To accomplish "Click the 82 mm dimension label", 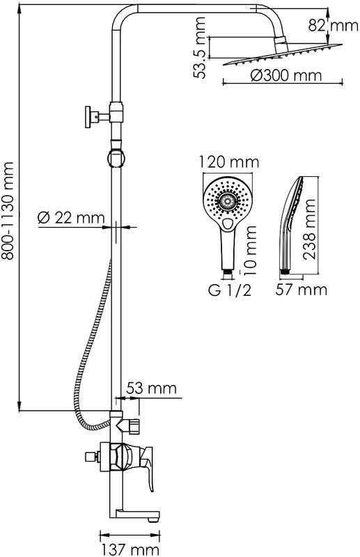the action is [333, 25].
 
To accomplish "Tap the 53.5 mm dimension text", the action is [199, 47].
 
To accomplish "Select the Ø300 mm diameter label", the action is [285, 75].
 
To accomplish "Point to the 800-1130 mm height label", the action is [7, 211].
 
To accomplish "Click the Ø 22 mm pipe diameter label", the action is [71, 217].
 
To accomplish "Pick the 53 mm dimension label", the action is [151, 388].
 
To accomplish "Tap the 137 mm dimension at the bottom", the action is [130, 549].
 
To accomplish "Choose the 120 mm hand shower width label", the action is [228, 162].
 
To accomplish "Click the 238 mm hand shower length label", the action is [310, 230].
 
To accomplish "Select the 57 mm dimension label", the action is [302, 290].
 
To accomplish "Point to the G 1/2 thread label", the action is [230, 290].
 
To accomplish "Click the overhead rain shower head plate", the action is [283, 54].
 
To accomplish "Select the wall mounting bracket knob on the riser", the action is [88, 116].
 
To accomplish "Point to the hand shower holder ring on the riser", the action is [116, 158].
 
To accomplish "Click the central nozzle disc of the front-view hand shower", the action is [228, 202].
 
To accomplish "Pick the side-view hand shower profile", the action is [291, 224].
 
